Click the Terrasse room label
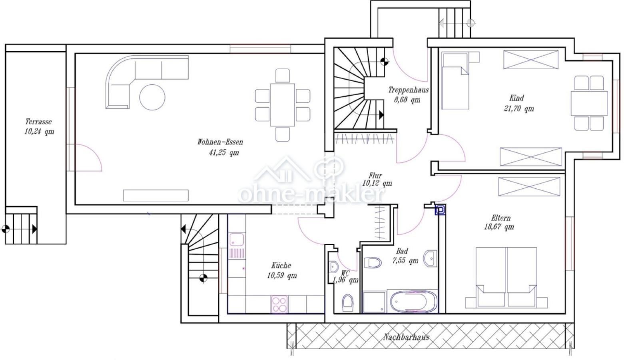pyautogui.click(x=38, y=122)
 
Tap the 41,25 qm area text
pyautogui.click(x=224, y=152)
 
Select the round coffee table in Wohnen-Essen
pyautogui.click(x=152, y=97)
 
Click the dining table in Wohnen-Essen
pyautogui.click(x=283, y=105)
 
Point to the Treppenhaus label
pyautogui.click(x=409, y=90)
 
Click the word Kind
pyautogui.click(x=516, y=98)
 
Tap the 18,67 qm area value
pyautogui.click(x=499, y=227)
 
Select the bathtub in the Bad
pyautogui.click(x=414, y=302)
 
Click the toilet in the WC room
pyautogui.click(x=348, y=302)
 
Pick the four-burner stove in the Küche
pyautogui.click(x=279, y=304)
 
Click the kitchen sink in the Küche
pyautogui.click(x=237, y=240)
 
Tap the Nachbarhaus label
pyautogui.click(x=406, y=337)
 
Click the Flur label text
pyautogui.click(x=375, y=176)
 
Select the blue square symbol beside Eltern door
pyautogui.click(x=441, y=210)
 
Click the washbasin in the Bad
pyautogui.click(x=431, y=258)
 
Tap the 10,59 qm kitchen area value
pyautogui.click(x=282, y=276)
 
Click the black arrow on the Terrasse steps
pyautogui.click(x=34, y=229)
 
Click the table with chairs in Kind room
pyautogui.click(x=589, y=103)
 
